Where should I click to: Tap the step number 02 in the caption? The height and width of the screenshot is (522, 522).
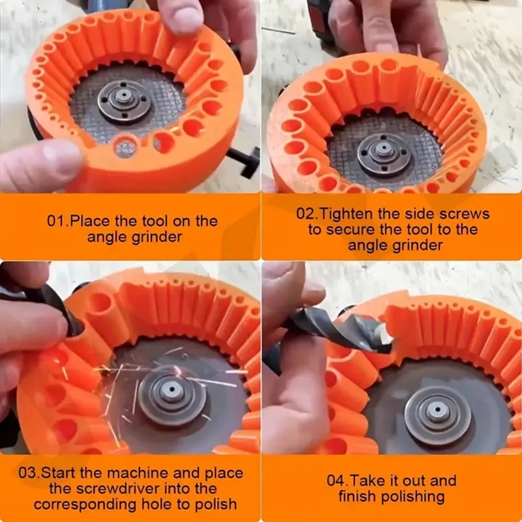[306, 213]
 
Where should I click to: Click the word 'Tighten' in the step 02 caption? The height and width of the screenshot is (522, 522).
[349, 213]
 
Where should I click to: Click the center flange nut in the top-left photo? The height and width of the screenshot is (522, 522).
[123, 99]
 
